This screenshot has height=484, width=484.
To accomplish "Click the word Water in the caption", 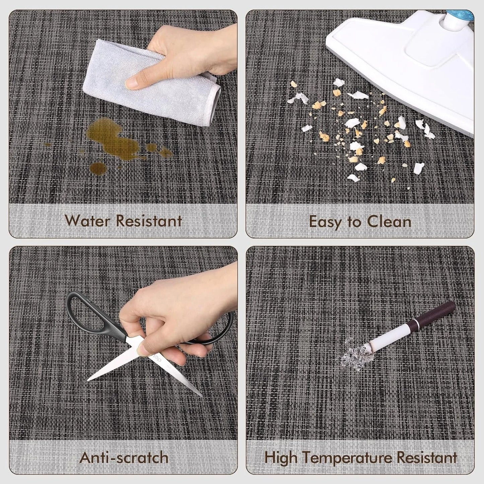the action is coord(88,221).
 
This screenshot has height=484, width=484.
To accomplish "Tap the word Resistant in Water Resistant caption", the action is coord(149,221).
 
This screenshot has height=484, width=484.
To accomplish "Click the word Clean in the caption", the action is coord(389,221).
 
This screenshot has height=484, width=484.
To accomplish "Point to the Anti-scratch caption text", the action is coord(124,457).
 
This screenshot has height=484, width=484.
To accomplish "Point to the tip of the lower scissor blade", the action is coord(202,396).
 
